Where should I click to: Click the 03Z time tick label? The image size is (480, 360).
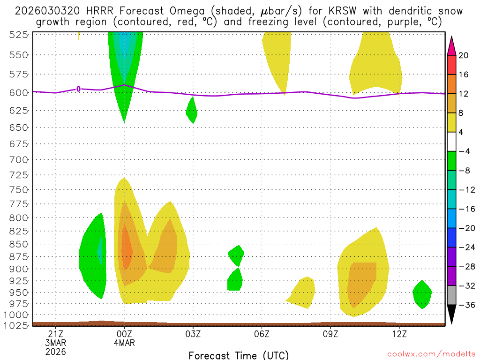point(193,334)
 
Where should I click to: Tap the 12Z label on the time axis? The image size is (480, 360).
point(399,334)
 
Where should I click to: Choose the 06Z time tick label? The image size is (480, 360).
point(262,334)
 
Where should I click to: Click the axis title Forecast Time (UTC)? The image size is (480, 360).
point(239,355)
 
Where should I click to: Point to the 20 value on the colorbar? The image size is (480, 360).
point(464,55)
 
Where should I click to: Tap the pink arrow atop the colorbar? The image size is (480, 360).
point(451,45)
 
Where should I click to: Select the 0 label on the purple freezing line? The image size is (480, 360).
point(78,89)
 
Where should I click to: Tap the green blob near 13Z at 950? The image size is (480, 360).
point(422,294)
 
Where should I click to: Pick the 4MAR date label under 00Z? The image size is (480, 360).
point(124,343)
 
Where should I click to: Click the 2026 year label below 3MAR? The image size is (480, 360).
point(56,351)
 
